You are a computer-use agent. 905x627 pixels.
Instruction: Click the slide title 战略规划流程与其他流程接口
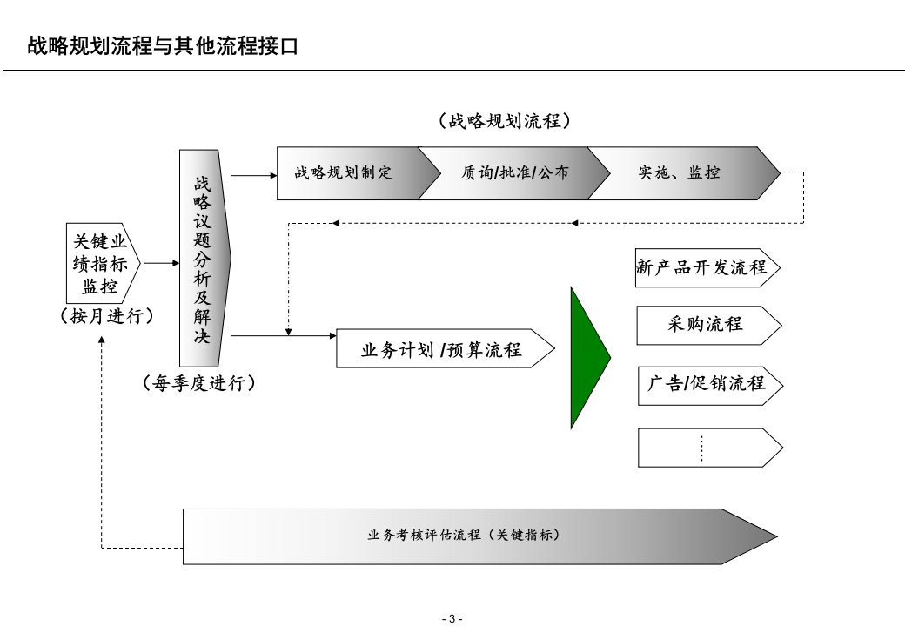[164, 46]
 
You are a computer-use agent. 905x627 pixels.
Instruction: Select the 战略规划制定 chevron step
[344, 172]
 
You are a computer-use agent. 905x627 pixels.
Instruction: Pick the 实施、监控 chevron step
[680, 172]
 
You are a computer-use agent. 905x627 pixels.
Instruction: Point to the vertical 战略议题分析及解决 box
[203, 259]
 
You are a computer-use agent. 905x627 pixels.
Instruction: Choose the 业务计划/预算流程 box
[442, 350]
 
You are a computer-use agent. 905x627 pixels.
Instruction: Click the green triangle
[587, 357]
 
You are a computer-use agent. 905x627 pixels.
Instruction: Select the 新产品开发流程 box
[704, 267]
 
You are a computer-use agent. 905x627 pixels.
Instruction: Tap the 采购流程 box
[706, 325]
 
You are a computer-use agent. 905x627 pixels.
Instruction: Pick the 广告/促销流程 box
[706, 383]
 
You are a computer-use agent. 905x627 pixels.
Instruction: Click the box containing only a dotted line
[706, 447]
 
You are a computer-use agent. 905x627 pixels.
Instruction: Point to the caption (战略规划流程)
[505, 121]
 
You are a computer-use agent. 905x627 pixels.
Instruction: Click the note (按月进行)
[107, 317]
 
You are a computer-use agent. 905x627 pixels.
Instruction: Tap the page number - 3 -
[452, 618]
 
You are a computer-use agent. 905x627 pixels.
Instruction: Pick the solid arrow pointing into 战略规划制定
[253, 174]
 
